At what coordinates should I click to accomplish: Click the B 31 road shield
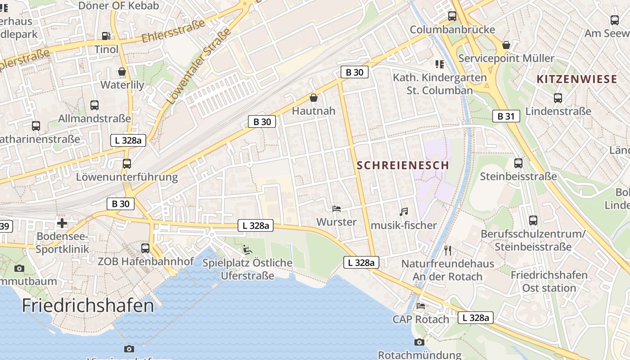(506, 117)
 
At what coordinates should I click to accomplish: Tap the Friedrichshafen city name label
(88, 306)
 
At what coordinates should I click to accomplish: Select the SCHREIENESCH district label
(403, 165)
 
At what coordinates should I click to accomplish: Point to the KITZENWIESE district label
(576, 80)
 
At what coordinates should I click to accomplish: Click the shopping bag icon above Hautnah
(314, 98)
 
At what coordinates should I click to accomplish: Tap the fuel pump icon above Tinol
(106, 36)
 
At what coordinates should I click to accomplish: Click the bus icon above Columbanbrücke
(452, 17)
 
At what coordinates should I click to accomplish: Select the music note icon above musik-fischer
(404, 211)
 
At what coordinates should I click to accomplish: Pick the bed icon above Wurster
(336, 208)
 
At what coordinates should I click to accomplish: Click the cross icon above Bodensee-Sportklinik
(62, 223)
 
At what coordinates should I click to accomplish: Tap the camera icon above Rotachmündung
(419, 342)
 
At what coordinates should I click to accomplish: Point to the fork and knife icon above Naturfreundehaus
(447, 250)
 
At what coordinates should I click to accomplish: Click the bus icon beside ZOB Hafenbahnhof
(145, 248)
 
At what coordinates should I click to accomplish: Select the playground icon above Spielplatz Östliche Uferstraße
(247, 249)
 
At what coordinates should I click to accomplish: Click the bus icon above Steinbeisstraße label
(518, 163)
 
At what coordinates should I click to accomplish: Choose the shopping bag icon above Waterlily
(122, 72)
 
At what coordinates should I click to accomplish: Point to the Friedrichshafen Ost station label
(549, 281)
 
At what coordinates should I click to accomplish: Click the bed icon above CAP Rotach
(421, 306)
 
